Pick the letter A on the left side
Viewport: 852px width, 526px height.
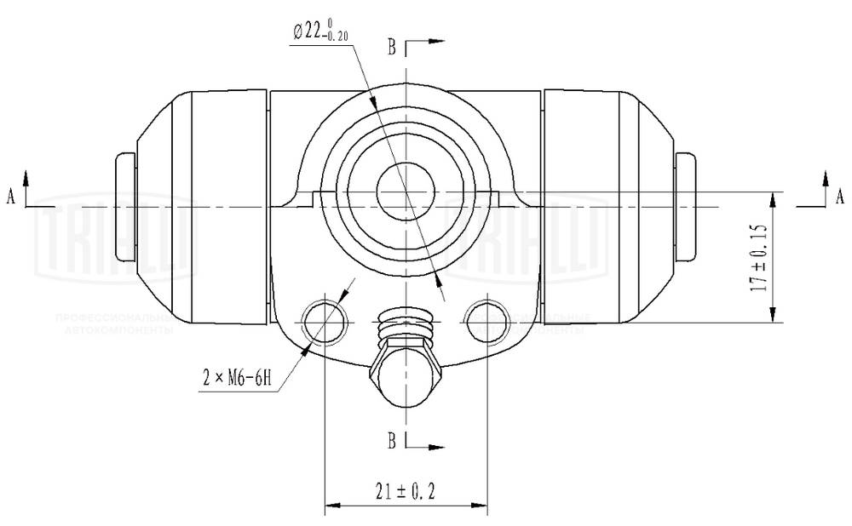tap(11, 197)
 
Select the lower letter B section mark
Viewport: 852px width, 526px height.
tap(392, 441)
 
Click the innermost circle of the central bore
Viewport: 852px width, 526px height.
tap(406, 192)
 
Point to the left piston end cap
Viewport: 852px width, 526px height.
tap(124, 206)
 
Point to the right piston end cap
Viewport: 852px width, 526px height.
tap(685, 206)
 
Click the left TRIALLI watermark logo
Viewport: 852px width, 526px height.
tap(115, 243)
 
